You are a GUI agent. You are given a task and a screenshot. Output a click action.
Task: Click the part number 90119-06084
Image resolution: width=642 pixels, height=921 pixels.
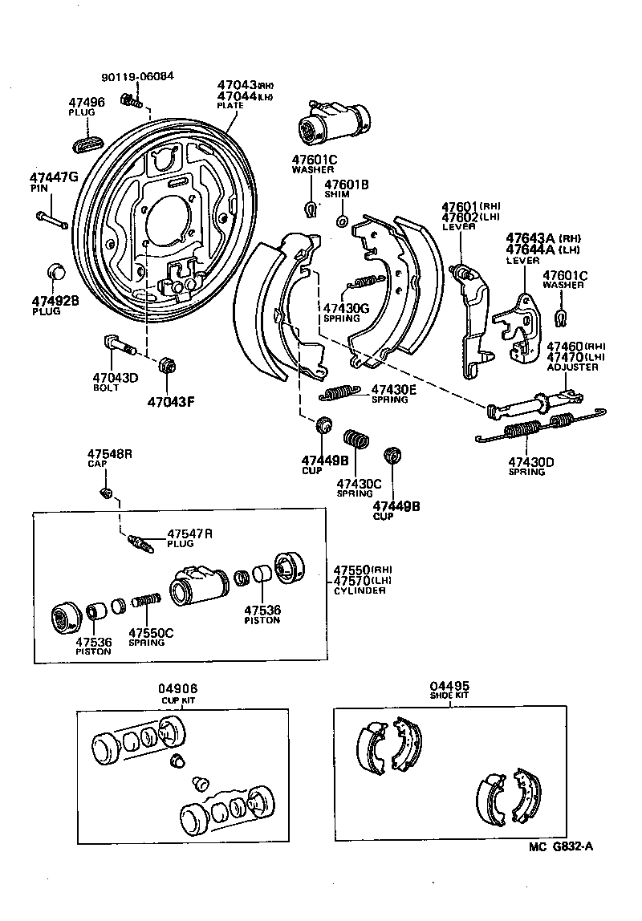pyautogui.click(x=137, y=77)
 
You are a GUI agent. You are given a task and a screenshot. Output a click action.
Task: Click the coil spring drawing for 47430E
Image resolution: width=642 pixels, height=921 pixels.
pyautogui.click(x=340, y=392)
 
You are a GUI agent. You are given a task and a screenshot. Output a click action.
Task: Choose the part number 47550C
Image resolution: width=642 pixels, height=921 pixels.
pyautogui.click(x=151, y=632)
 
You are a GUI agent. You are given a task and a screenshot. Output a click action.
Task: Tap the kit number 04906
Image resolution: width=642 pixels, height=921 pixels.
pyautogui.click(x=177, y=689)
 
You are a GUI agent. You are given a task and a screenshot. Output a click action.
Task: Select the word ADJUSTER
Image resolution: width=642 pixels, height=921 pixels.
pyautogui.click(x=572, y=367)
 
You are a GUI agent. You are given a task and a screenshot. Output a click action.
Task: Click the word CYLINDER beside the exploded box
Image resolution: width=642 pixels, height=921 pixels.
pyautogui.click(x=360, y=591)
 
